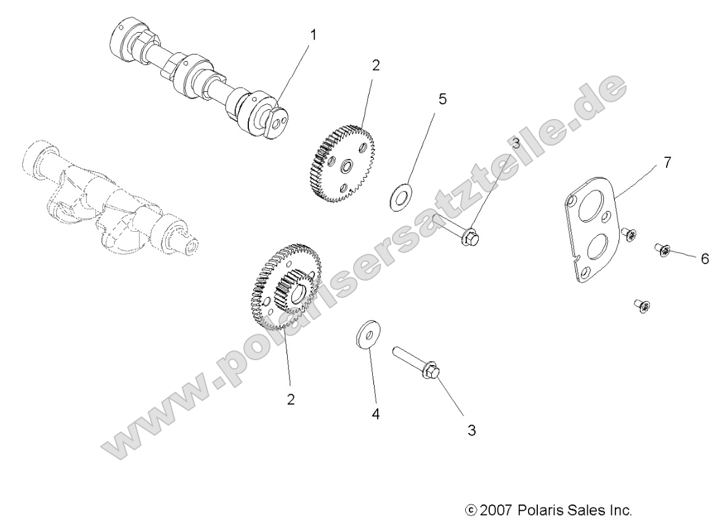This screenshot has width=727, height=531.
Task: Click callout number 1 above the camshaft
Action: click(x=314, y=35)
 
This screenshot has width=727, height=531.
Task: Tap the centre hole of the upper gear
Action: click(x=346, y=166)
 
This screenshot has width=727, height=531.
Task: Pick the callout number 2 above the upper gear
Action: click(x=375, y=65)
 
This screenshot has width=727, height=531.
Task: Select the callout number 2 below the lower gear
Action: click(x=290, y=399)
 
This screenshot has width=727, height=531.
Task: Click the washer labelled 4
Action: click(x=368, y=335)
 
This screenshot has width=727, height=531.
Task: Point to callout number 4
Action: click(x=375, y=414)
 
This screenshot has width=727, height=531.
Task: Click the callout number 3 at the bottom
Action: click(x=472, y=430)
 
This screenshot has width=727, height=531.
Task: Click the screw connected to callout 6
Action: click(x=664, y=249)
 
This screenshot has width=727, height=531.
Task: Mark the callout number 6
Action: click(x=704, y=259)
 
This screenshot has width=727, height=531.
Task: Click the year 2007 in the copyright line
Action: click(x=497, y=510)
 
